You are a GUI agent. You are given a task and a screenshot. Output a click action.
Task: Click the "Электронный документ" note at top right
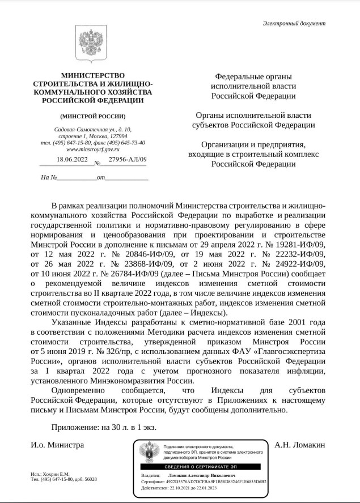(x=294, y=23)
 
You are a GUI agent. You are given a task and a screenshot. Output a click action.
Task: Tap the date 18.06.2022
(x=72, y=160)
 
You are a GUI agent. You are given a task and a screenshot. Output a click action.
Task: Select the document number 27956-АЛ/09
(x=128, y=160)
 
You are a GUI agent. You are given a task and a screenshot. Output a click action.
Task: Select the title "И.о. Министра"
(x=57, y=445)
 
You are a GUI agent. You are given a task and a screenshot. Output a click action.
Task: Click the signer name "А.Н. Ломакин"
(x=299, y=445)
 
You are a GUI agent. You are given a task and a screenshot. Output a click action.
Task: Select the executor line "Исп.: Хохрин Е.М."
(x=50, y=474)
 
